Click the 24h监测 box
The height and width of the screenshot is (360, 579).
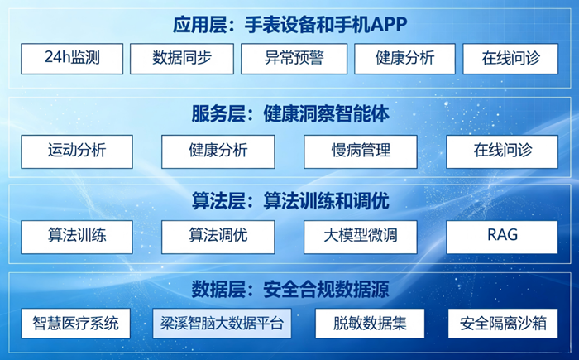pos(72,59)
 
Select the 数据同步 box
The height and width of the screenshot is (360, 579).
pos(182,59)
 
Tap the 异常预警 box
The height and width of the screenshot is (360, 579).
pos(294,59)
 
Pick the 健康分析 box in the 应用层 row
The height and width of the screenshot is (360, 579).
pos(404,59)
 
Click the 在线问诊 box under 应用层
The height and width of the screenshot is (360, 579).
pos(510,59)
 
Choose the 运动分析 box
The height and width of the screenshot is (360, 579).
pos(77,151)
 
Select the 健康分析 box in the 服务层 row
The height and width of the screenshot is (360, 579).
pos(218,151)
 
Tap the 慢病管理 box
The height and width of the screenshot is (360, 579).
pos(361,151)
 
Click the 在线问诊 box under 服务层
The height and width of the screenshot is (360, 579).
pos(502,151)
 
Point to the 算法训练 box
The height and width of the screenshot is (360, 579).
pos(77,237)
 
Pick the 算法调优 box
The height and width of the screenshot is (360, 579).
pos(218,237)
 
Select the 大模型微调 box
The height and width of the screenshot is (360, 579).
pos(361,237)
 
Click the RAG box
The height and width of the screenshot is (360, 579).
pos(502,237)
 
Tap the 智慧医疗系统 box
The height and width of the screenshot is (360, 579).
pos(76,324)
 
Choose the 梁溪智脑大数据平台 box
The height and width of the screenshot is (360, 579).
pos(222,324)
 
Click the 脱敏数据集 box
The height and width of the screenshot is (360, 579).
pos(370,324)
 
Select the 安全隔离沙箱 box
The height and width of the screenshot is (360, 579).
pos(503,324)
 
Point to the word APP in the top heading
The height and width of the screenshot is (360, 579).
pos(389,25)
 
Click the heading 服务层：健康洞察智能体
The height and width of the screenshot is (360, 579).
pos(290,114)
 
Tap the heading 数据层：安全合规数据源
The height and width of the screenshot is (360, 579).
pos(290,289)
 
